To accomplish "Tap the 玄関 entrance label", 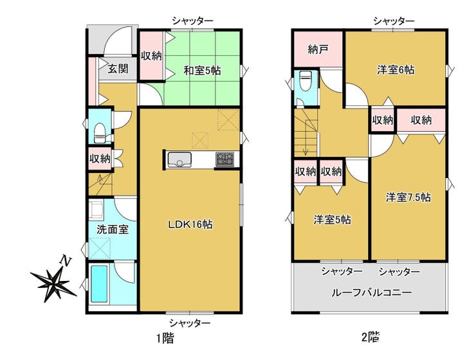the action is [x=118, y=69].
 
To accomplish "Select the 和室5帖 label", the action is [x=202, y=71].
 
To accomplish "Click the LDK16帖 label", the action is [x=190, y=224].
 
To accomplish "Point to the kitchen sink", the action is [x=179, y=159].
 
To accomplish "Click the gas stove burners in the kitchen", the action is [x=225, y=159].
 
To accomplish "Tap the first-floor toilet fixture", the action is [x=100, y=134].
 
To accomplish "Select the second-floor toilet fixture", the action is [x=304, y=80].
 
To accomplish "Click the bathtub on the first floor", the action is [x=100, y=283].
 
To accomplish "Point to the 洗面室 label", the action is [x=113, y=230].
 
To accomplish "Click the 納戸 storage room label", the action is [x=317, y=50].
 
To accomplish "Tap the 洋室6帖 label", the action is [x=396, y=70].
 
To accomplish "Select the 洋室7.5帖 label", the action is [x=408, y=197].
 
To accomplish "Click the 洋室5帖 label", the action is [x=333, y=220].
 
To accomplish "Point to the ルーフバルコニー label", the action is [x=372, y=292].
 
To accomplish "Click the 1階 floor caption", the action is [x=165, y=338].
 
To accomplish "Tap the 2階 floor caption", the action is [x=371, y=337].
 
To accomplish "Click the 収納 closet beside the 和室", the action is [x=151, y=56].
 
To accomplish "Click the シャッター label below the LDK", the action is [x=190, y=323].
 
